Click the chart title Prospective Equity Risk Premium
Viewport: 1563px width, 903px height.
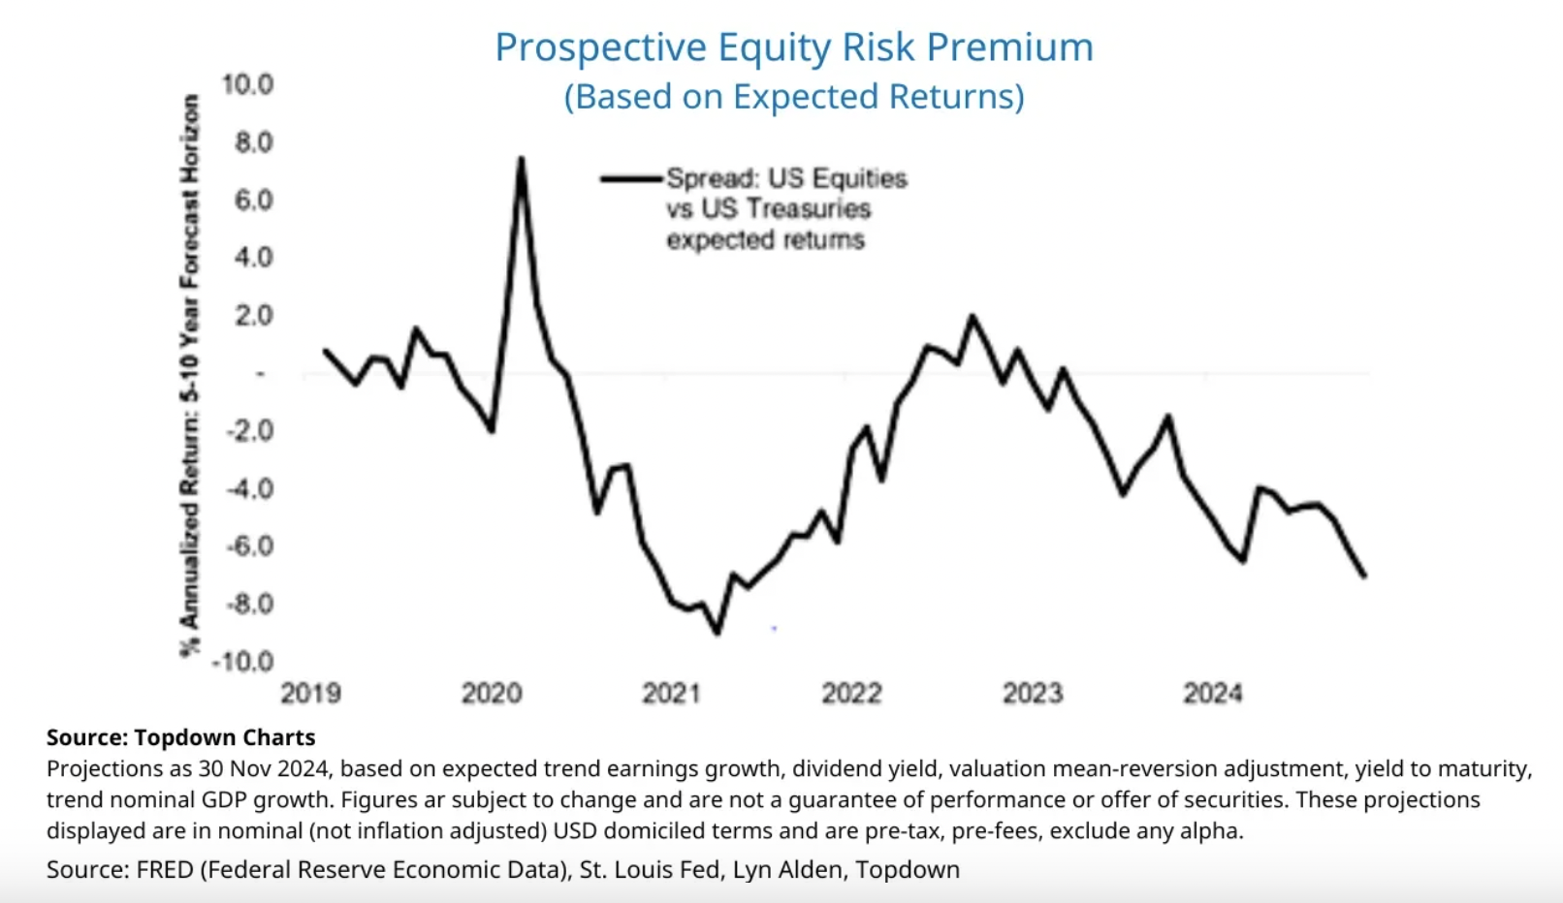coord(793,47)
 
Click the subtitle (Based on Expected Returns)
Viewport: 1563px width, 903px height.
coord(793,97)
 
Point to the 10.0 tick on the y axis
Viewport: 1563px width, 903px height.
coord(247,85)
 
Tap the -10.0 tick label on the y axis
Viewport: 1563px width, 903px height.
coord(242,662)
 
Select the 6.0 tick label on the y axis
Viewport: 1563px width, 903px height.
coord(253,201)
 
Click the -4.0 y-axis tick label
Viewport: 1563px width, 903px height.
coord(249,488)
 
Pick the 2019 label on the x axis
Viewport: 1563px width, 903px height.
coord(310,694)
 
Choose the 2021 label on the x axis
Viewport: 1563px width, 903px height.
coord(671,694)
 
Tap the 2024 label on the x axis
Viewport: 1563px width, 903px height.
coord(1212,694)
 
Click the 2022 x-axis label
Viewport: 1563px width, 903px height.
coord(851,694)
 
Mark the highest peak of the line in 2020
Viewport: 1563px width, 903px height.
coord(521,159)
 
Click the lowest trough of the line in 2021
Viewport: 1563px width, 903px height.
coord(718,633)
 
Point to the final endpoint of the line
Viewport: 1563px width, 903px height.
coord(1364,576)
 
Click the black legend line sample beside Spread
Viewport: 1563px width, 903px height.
coord(631,178)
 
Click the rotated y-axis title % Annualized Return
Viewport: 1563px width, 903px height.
coord(190,376)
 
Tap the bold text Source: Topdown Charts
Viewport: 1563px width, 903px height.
coord(180,738)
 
